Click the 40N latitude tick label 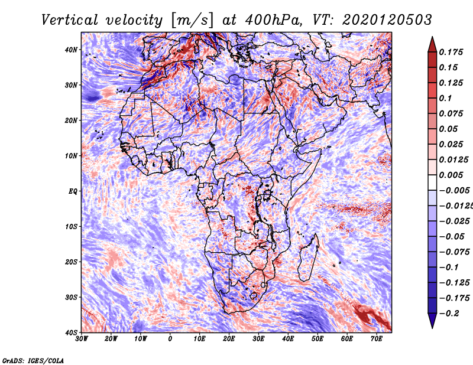[71, 50]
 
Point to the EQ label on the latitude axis [73, 191]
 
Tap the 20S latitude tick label [71, 262]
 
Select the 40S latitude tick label [71, 333]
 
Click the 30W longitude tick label [82, 339]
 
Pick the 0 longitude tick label [170, 339]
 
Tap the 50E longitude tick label [318, 339]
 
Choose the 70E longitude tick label [377, 339]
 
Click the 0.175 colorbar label [451, 52]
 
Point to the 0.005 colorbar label [451, 175]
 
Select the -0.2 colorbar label [449, 314]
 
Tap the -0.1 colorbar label [449, 268]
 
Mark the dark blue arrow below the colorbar [432, 320]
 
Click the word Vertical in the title [70, 20]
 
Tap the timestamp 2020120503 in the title [387, 20]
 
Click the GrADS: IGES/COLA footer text [33, 360]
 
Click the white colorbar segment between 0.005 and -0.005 [432, 182]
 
